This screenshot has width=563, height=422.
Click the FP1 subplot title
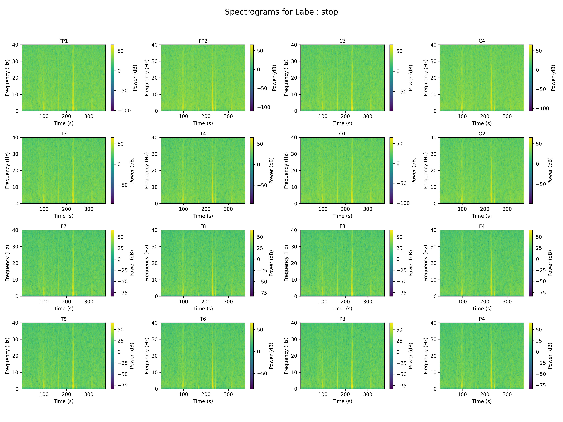point(63,41)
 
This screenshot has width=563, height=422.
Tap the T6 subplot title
point(203,319)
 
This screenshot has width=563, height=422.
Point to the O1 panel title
point(342,134)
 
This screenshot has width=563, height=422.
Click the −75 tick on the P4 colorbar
point(539,385)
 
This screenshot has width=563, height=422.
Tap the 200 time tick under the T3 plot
point(66,209)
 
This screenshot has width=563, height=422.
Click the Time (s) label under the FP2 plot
point(203,123)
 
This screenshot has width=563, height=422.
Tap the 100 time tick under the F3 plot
point(323,302)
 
